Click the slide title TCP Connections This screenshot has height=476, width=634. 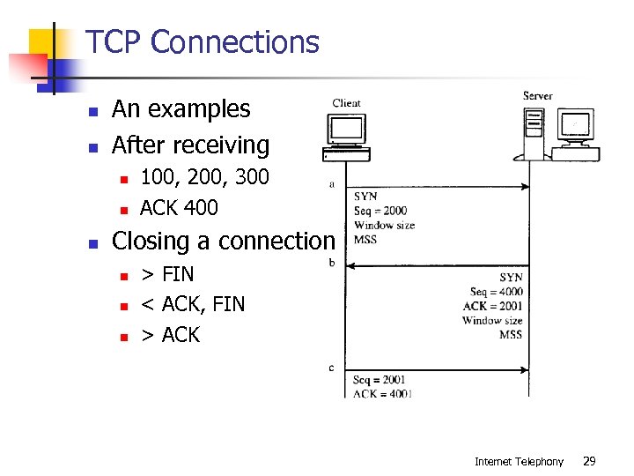(x=202, y=41)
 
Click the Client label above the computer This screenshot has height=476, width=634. (x=346, y=103)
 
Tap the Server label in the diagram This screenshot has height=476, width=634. (x=537, y=95)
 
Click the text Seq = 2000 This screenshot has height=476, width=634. (x=380, y=211)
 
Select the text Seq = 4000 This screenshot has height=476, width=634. (x=496, y=292)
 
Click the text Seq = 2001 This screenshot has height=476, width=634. (x=380, y=380)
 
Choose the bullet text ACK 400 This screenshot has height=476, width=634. (x=179, y=208)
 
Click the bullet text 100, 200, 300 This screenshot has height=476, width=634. (x=204, y=177)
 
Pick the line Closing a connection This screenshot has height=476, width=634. (x=224, y=241)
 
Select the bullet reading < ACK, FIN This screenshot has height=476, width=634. (x=193, y=304)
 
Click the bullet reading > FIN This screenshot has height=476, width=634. (x=167, y=274)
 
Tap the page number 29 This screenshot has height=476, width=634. (x=590, y=461)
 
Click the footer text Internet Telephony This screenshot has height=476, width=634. (x=519, y=461)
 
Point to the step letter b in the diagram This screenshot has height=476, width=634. (x=331, y=263)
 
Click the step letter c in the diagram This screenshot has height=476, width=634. (x=331, y=367)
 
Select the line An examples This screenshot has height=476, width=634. (x=181, y=109)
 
